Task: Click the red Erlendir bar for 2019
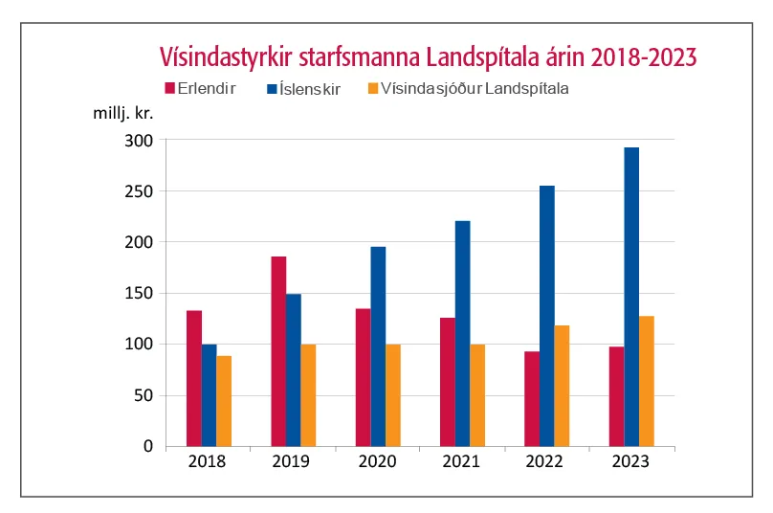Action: (278, 350)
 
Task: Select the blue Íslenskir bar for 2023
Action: (631, 297)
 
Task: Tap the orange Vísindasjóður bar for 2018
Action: (224, 400)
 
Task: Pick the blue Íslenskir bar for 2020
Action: (378, 346)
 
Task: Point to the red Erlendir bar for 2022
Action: (532, 398)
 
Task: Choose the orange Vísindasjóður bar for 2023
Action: (646, 380)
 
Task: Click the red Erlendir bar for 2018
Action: (194, 378)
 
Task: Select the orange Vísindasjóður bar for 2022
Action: (562, 385)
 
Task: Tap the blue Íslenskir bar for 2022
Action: (547, 316)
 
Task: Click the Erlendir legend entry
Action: (207, 89)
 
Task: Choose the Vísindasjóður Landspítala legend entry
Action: (475, 89)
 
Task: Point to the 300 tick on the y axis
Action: (140, 141)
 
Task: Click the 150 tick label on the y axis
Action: (140, 293)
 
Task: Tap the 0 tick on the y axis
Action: (148, 446)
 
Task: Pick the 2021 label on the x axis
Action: (462, 462)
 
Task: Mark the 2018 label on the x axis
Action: (209, 462)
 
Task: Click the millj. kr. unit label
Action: (123, 112)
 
